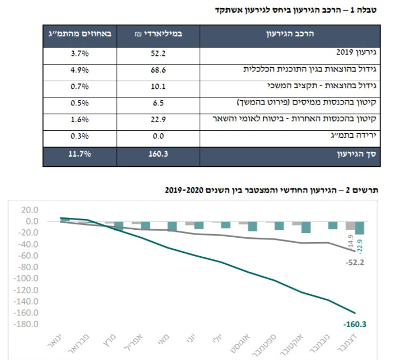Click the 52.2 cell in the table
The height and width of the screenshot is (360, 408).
click(158, 54)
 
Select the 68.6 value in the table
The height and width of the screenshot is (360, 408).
click(158, 70)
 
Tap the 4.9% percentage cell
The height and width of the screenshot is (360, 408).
click(79, 70)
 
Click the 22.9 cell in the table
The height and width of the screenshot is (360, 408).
click(158, 120)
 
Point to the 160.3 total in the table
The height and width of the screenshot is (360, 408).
click(158, 155)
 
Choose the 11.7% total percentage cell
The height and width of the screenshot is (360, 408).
click(79, 155)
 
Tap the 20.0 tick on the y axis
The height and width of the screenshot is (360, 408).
click(30, 210)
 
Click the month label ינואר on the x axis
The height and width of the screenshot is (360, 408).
click(54, 341)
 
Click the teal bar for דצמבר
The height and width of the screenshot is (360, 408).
click(360, 228)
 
